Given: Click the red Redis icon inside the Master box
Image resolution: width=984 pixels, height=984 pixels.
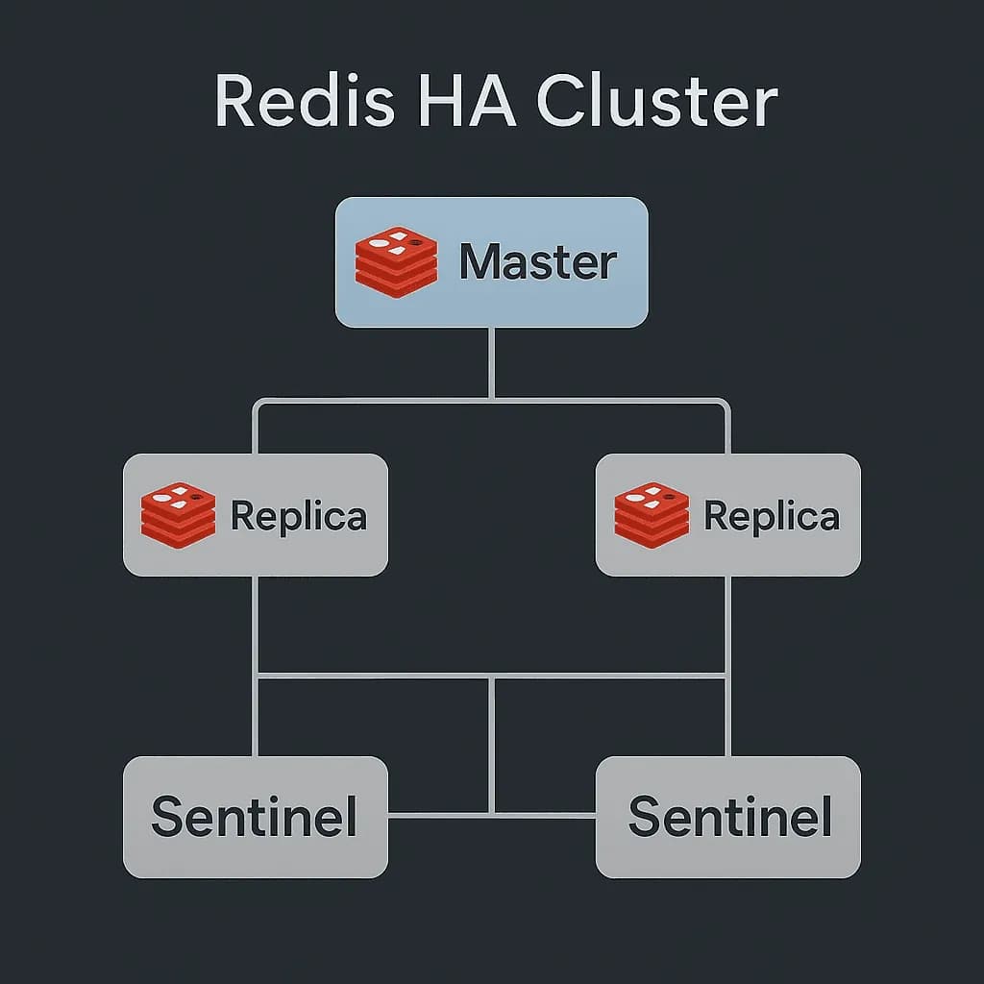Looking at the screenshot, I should point(395,261).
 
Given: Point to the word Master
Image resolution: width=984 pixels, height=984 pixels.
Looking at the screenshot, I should point(537,262).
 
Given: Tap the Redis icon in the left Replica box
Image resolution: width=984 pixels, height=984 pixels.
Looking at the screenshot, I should point(178,515).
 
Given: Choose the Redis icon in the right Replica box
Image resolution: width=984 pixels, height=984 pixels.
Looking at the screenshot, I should point(652,515).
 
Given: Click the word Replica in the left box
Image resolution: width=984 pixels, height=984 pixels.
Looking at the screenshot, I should point(298,516).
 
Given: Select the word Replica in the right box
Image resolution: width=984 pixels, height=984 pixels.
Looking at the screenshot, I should point(771,516).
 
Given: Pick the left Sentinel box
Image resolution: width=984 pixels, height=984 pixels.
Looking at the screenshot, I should point(256,817).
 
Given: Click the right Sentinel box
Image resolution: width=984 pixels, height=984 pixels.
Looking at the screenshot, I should point(728,817).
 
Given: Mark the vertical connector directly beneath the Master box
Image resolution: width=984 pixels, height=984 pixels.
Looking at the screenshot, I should point(491,362).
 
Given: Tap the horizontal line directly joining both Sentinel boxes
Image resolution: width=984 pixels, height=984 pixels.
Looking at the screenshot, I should point(442,815).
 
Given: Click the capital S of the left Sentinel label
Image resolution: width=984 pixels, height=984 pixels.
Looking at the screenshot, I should point(168,817).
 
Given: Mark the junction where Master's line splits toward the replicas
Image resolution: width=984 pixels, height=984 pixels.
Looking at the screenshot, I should point(491,399).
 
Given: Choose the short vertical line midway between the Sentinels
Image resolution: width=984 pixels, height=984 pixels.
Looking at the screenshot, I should point(491,745).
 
